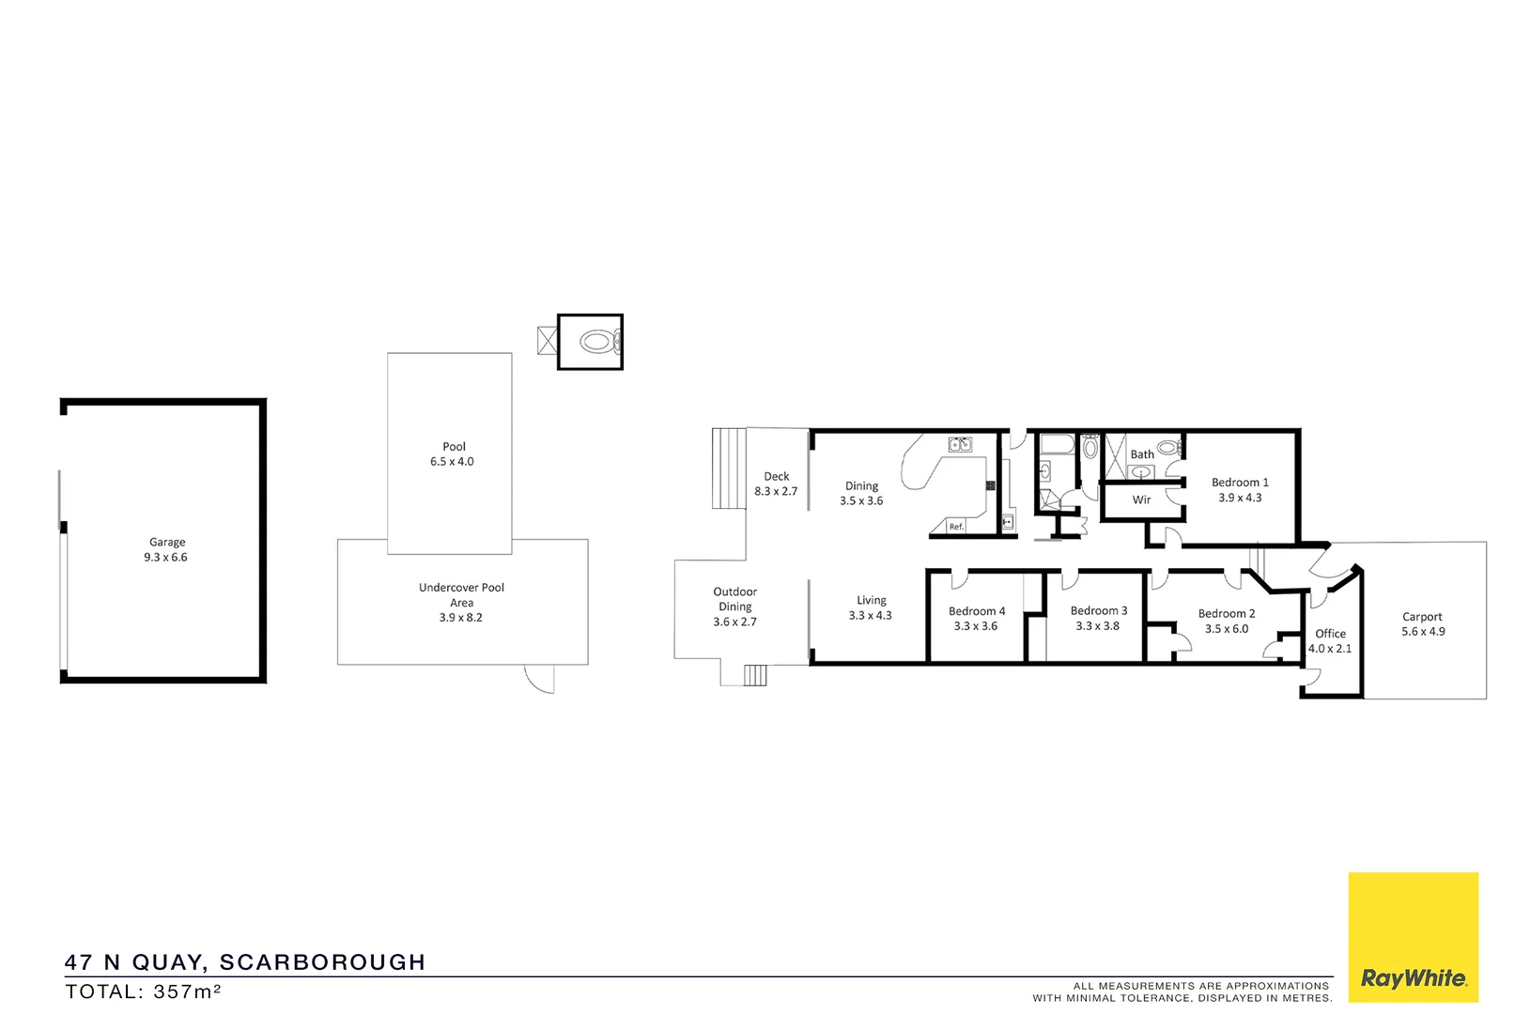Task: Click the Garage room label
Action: (x=167, y=542)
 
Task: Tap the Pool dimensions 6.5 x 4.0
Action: (x=452, y=462)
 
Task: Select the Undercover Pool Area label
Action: (x=461, y=594)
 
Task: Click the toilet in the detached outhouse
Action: (x=597, y=342)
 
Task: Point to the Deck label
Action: (x=776, y=476)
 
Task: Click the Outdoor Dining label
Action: (x=734, y=599)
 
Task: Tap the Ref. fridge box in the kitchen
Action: (x=956, y=527)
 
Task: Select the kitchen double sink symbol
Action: (x=959, y=444)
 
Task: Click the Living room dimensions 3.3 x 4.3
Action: (x=870, y=616)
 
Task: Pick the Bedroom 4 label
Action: (x=976, y=611)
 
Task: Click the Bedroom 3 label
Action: (x=1098, y=610)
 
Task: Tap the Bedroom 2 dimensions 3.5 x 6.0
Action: (x=1227, y=629)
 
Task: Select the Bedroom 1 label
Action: (x=1239, y=483)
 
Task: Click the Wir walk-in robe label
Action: (x=1141, y=499)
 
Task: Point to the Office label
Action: (x=1330, y=634)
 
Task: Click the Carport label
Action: (x=1422, y=617)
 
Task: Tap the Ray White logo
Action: (x=1413, y=977)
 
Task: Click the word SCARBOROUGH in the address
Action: (x=322, y=962)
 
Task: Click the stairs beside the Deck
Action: (x=729, y=468)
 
